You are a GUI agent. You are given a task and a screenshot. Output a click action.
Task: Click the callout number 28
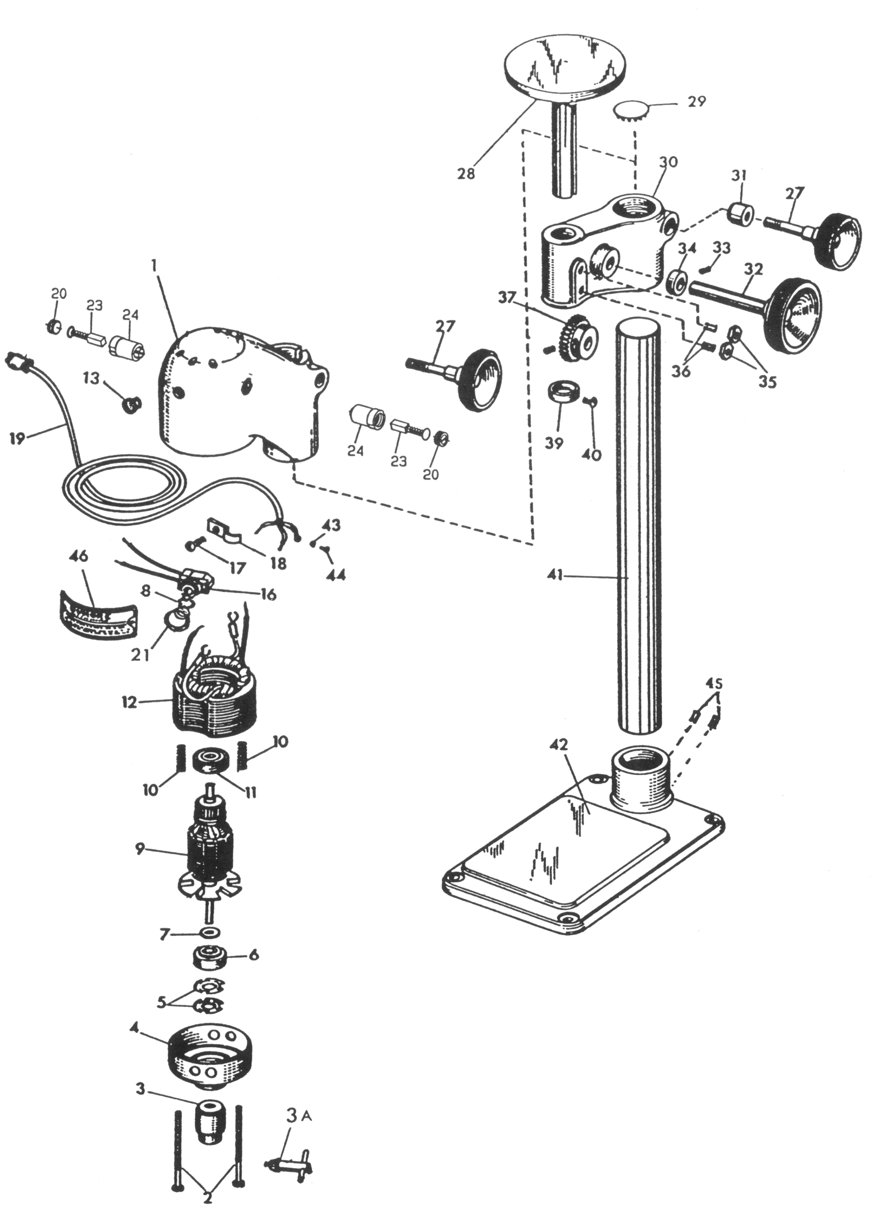(466, 174)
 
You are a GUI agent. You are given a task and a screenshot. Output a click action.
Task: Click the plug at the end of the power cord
(17, 361)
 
